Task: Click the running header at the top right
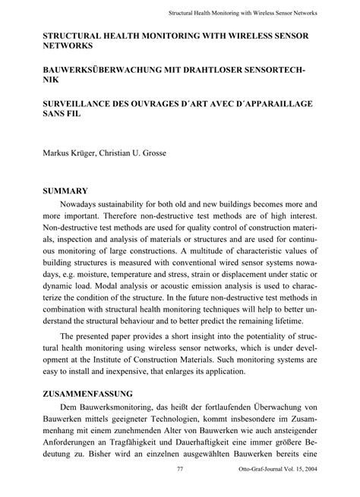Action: (243, 13)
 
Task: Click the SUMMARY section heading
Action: (65, 191)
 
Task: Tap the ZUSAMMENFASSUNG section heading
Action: (88, 395)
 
